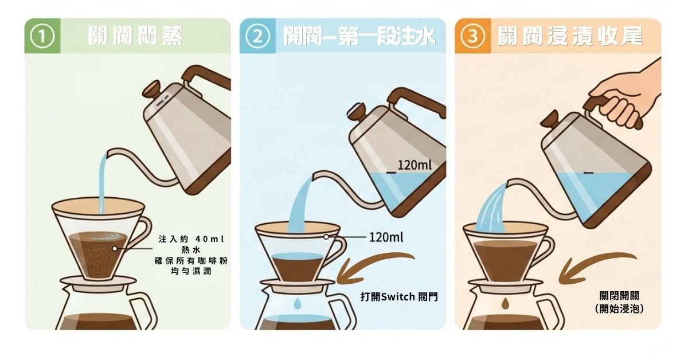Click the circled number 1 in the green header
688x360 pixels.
(42, 37)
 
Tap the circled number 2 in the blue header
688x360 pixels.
(257, 37)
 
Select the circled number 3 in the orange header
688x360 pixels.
(472, 37)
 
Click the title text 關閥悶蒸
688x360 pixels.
(136, 36)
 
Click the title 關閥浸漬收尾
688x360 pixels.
(570, 37)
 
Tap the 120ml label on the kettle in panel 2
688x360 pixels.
(414, 166)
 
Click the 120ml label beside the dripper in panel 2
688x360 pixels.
(385, 237)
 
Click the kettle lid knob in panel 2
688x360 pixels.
(356, 110)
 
